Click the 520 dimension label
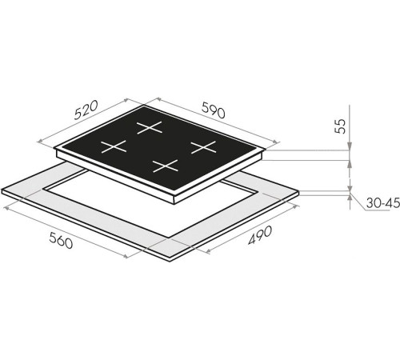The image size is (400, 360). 86,110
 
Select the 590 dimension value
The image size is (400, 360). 214,110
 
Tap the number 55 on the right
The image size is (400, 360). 340,126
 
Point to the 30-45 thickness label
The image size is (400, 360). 383,203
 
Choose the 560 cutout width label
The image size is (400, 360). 61,240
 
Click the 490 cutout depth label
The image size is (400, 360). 260,235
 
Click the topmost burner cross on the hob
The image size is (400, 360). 150,127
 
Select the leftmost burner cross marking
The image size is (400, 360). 114,146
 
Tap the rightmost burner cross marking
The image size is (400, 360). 203,147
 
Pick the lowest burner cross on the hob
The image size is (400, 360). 166,166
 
